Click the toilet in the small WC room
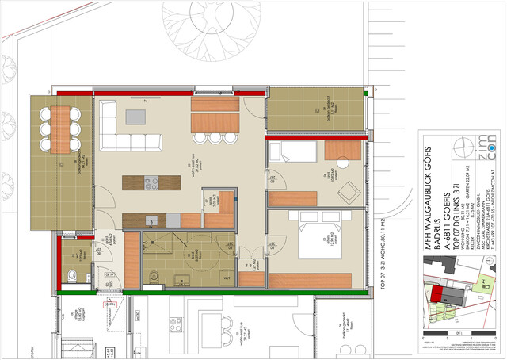[74, 277]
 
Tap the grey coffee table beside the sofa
[137, 117]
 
